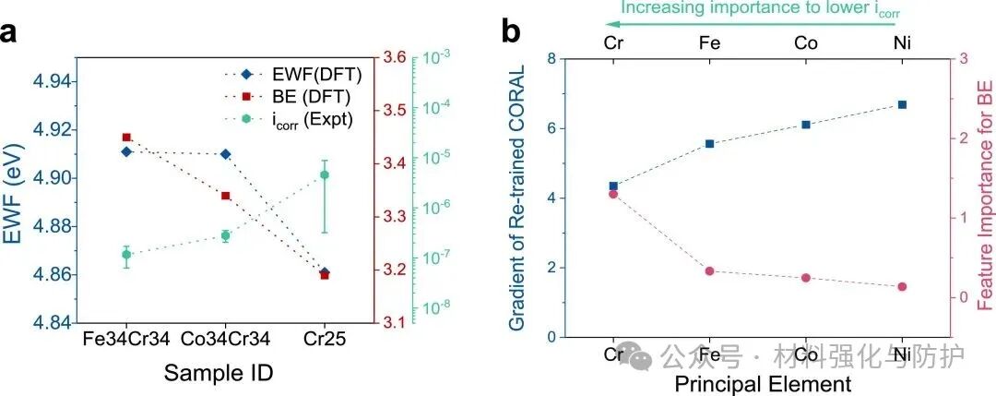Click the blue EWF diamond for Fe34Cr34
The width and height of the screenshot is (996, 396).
[x=126, y=151]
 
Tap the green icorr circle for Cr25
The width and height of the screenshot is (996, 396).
[x=325, y=174]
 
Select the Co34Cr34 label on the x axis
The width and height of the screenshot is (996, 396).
[x=225, y=340]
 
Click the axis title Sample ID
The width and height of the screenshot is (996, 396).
[x=219, y=372]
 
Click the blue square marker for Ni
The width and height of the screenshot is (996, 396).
[x=902, y=104]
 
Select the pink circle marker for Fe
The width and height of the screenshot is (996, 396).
[x=709, y=271]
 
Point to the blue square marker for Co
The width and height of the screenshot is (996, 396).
[x=806, y=125]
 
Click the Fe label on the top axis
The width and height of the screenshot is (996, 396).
[x=709, y=42]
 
